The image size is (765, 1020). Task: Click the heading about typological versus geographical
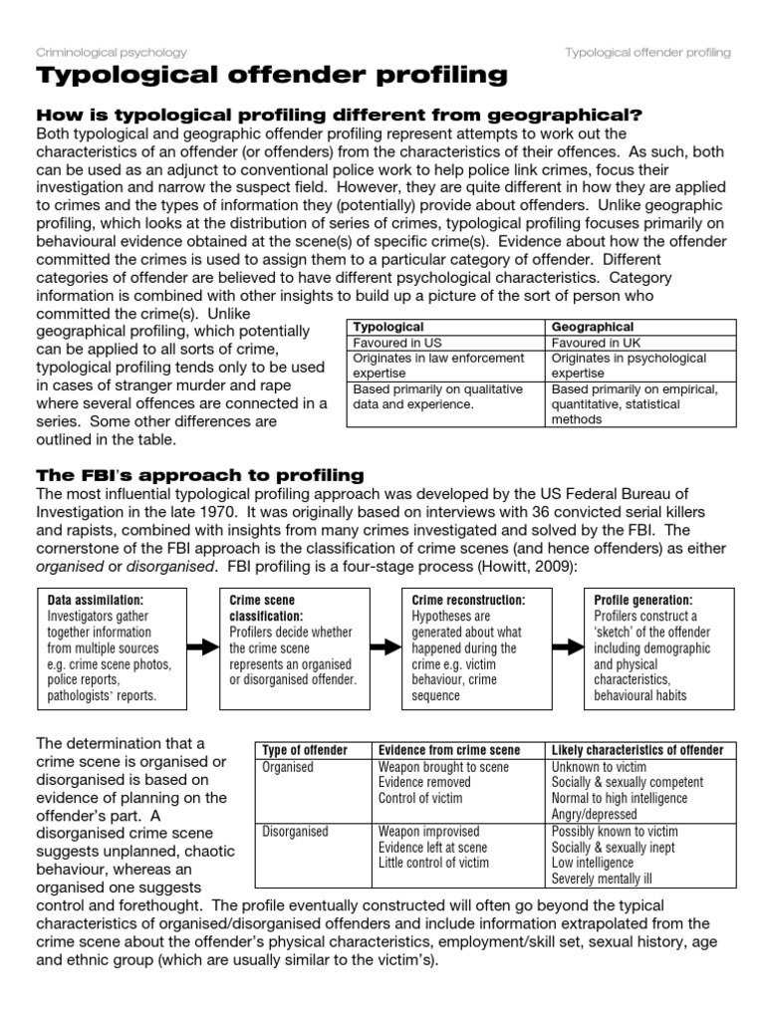(x=339, y=116)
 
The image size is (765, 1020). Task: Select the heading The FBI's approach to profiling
(x=199, y=474)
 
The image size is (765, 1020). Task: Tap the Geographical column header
(x=593, y=327)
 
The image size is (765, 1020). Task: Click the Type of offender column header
(x=309, y=750)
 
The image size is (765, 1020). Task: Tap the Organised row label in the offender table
(x=288, y=767)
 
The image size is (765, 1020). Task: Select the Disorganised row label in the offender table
(x=295, y=831)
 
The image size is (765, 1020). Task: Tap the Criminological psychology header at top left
(x=111, y=52)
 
